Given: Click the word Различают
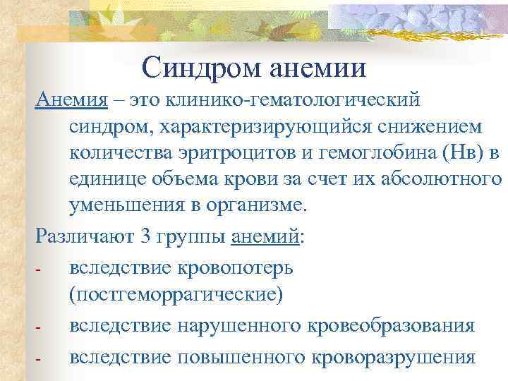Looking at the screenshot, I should [84, 236].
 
